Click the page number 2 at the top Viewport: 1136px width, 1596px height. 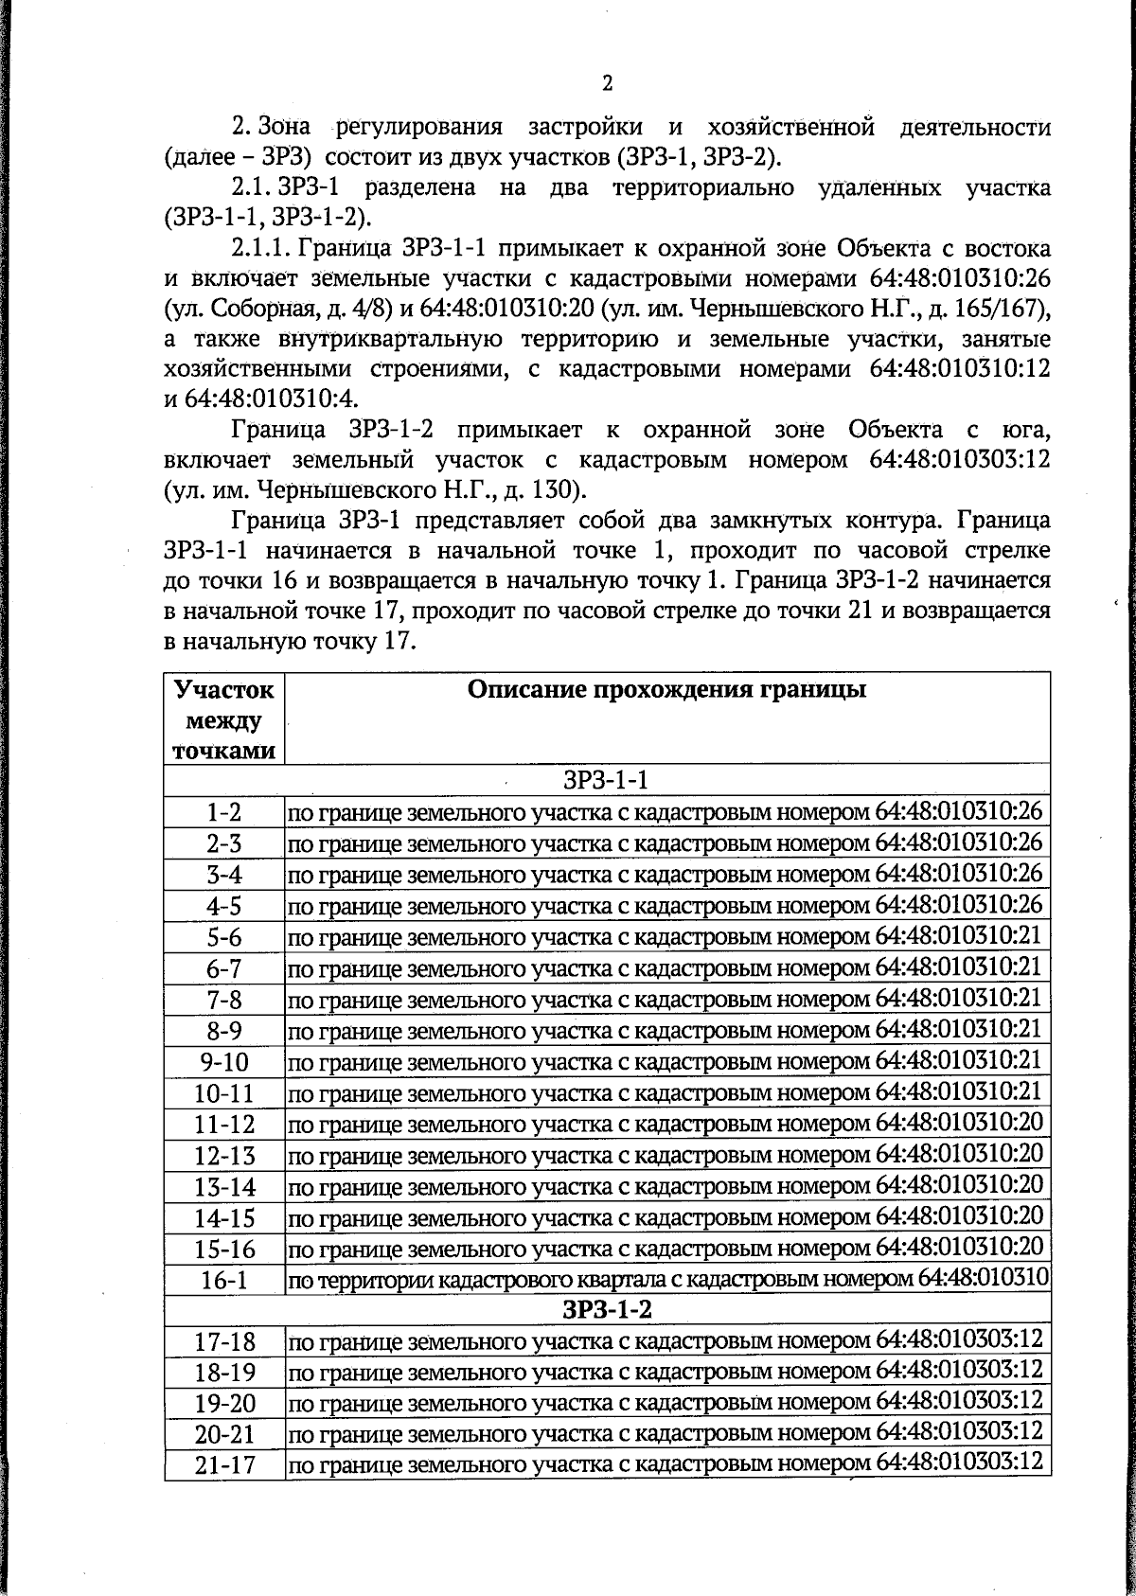607,83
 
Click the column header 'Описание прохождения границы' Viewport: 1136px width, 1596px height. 667,689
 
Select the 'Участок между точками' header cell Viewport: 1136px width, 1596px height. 224,719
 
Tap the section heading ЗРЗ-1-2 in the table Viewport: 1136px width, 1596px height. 606,1309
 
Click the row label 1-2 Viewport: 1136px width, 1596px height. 224,812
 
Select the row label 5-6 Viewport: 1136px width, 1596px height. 224,937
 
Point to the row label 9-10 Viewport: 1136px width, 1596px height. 224,1062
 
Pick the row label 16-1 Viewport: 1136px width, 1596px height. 224,1280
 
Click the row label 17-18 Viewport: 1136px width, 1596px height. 224,1341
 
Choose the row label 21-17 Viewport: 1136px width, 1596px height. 224,1465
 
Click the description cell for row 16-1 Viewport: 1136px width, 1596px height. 667,1280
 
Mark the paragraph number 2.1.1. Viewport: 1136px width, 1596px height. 262,250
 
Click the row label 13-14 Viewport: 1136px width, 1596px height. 224,1186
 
